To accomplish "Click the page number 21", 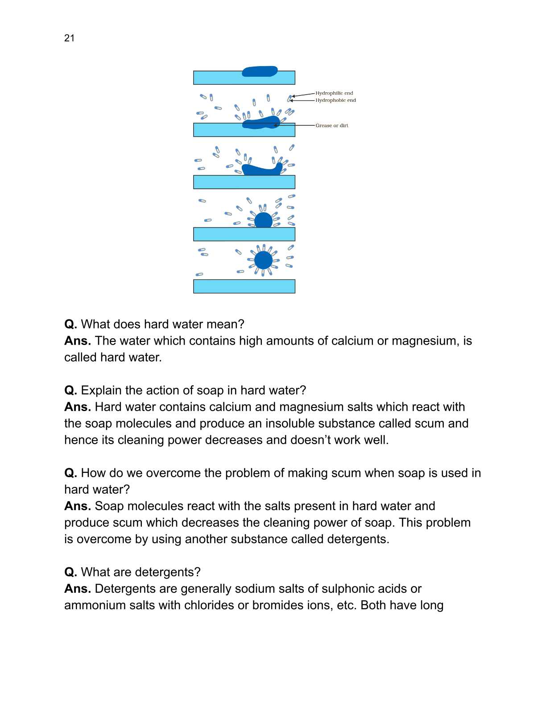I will tap(69, 38).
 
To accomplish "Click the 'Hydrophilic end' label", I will tap(334, 93).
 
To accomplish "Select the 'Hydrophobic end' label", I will tap(335, 100).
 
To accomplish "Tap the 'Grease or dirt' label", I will tap(332, 125).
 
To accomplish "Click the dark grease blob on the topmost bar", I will tap(260, 71).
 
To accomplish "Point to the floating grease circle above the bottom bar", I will tap(263, 260).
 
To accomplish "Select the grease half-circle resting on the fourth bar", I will tap(263, 220).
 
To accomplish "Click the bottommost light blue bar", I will tap(244, 286).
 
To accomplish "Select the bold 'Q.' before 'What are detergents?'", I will tap(70, 572).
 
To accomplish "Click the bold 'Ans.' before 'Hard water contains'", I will tap(78, 407).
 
